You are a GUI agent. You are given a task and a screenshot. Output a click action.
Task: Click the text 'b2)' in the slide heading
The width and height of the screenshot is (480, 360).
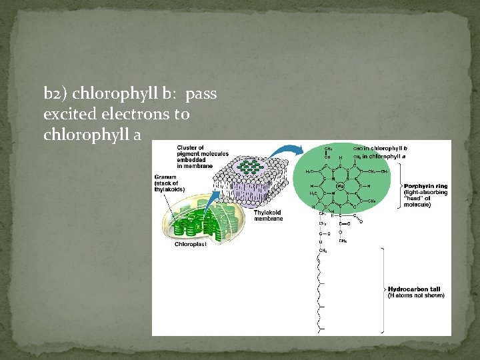coord(53,93)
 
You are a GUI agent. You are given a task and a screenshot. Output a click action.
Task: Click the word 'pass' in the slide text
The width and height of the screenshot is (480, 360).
coord(201,93)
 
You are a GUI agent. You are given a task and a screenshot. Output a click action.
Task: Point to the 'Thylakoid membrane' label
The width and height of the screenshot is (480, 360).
coord(269,216)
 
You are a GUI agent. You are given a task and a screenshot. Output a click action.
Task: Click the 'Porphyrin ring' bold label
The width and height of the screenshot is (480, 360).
coord(425,186)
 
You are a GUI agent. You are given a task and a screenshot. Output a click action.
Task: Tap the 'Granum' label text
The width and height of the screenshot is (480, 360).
coord(165,177)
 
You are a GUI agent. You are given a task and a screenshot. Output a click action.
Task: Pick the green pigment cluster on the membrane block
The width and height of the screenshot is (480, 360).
coord(251,167)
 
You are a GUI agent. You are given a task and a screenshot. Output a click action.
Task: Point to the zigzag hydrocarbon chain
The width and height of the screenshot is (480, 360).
coord(323,293)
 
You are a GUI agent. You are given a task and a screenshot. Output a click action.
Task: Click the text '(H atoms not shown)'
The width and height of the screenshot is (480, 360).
coord(416,295)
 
